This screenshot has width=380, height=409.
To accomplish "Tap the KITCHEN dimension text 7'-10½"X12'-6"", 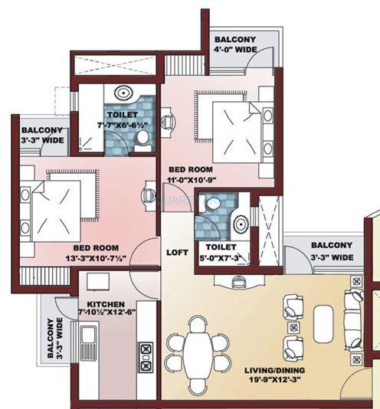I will click(x=106, y=312).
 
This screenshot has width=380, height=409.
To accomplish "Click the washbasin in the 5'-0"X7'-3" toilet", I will click(x=240, y=224).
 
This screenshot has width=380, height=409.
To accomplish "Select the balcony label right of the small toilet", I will click(x=332, y=251).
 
